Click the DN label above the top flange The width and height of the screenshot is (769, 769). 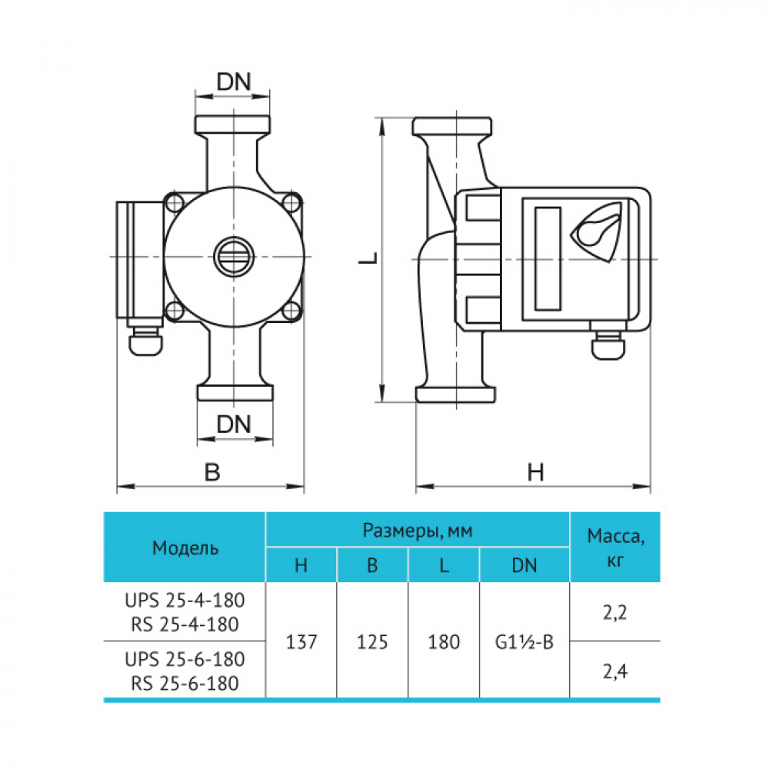[234, 82]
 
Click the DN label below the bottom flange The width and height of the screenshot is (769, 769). [234, 424]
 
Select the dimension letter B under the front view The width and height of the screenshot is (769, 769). [212, 472]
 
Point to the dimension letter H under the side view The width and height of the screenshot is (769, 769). [535, 472]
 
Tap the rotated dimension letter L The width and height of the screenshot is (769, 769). [368, 258]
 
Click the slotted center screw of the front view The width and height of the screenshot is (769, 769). [234, 257]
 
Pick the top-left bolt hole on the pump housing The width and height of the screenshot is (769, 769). [175, 202]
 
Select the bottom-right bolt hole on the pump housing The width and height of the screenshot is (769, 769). [292, 311]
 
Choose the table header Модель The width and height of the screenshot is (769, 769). [185, 548]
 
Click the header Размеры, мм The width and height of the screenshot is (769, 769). [418, 530]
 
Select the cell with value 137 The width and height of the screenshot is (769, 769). [301, 641]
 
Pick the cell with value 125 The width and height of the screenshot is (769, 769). [372, 641]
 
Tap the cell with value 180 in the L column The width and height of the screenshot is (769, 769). [444, 641]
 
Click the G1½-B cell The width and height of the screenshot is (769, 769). [524, 641]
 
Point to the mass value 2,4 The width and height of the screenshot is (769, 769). [615, 671]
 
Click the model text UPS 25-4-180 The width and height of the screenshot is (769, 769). [185, 601]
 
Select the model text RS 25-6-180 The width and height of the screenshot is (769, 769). [185, 683]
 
